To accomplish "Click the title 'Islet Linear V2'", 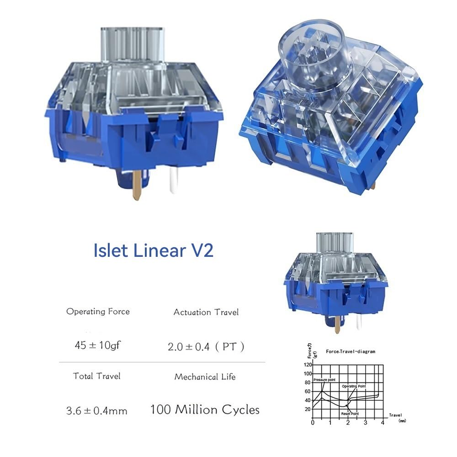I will [153, 251].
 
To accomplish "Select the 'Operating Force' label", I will [98, 312].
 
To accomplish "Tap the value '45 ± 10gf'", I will [98, 345].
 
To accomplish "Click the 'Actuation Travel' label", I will [206, 312].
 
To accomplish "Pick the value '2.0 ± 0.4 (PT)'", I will [206, 347].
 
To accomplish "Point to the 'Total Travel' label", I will [96, 376].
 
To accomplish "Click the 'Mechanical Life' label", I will [205, 377].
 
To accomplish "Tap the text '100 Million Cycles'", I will [205, 409].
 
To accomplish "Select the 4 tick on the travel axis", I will [383, 423].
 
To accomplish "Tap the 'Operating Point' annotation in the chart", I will [354, 386].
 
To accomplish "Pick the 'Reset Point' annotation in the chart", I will [350, 414].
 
